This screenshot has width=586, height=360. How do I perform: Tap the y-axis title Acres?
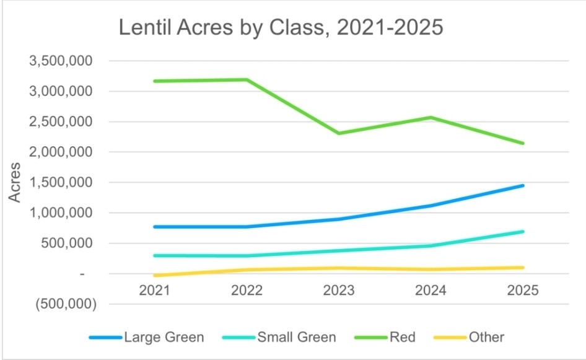click(x=15, y=182)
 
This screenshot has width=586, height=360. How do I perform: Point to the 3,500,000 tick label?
click(x=60, y=61)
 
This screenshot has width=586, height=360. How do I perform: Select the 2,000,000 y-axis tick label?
click(x=60, y=152)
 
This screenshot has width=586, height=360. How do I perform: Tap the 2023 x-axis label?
click(x=339, y=290)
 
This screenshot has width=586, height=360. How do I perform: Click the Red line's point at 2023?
click(x=339, y=133)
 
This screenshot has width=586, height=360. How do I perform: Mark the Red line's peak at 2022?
click(x=247, y=79)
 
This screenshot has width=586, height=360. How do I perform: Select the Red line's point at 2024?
click(x=431, y=117)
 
